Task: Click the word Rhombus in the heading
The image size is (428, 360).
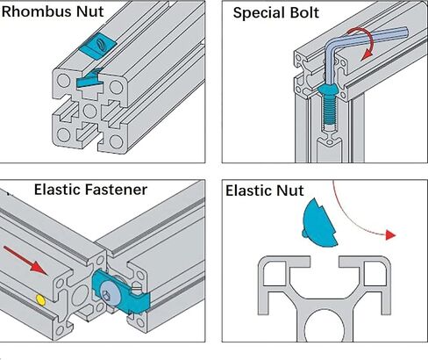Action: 37,11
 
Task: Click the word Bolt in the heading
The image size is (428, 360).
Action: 304,13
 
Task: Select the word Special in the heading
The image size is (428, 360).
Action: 259,14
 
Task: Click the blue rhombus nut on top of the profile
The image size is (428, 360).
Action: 97,46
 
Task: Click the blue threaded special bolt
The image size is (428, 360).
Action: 328,106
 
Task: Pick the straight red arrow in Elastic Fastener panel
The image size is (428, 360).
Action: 25,260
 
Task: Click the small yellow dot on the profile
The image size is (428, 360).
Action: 40,300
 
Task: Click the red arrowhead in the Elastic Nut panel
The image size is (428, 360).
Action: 390,235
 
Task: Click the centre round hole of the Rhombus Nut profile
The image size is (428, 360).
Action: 89,111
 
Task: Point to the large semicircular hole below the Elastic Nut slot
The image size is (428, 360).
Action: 325,326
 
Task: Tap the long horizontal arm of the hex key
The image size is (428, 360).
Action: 370,36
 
